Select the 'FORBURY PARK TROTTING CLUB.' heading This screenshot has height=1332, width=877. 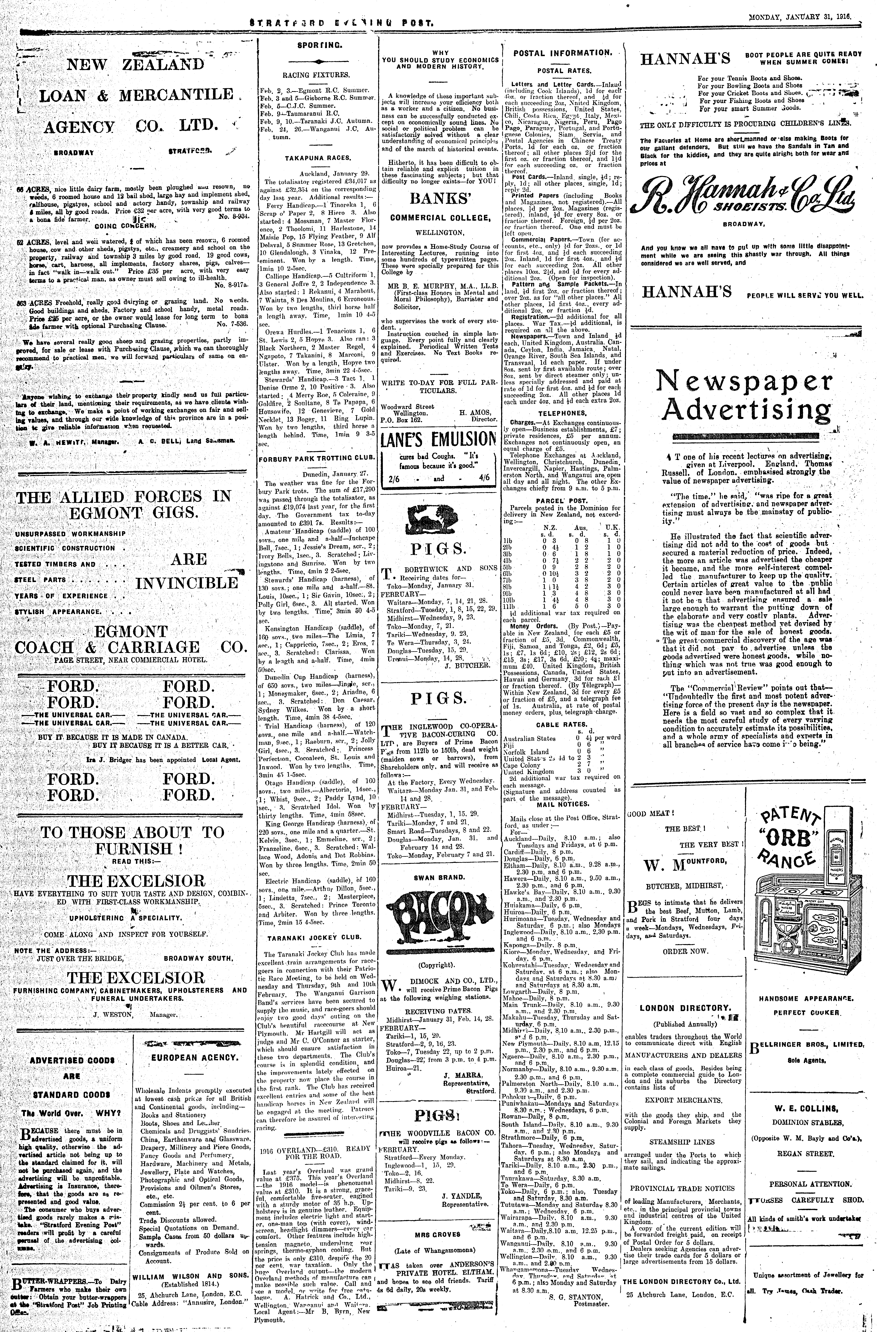pos(317,458)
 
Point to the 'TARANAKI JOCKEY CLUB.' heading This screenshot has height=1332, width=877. pos(317,936)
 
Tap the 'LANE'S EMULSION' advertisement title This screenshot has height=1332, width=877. pos(438,438)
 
